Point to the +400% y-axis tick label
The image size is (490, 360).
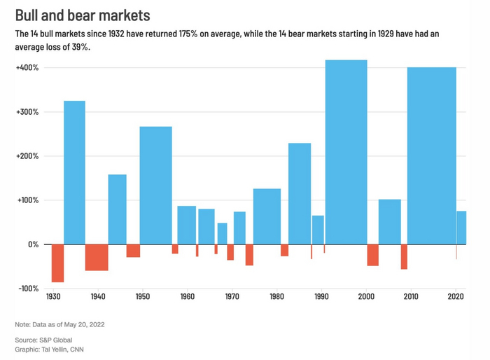pos(27,68)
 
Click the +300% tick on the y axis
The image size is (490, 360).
pos(27,112)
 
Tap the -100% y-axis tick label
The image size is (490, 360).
pos(28,289)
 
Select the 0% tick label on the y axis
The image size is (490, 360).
pos(34,244)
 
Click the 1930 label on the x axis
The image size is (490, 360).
pos(53,297)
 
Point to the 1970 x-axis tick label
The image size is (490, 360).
pos(232,297)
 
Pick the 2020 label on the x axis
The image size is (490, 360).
pos(456,297)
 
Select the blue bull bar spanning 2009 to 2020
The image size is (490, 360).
pos(431,155)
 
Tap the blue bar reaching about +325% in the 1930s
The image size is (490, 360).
pos(74,172)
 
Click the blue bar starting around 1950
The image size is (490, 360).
pos(155,185)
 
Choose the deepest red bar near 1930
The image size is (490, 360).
pos(57,263)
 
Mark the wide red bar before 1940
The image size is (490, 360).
pos(97,257)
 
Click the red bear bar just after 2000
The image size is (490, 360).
pos(372,255)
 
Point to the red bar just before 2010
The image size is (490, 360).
pos(404,256)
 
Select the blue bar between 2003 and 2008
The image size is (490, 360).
pos(390,221)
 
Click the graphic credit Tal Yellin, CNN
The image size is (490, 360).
pos(52,349)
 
